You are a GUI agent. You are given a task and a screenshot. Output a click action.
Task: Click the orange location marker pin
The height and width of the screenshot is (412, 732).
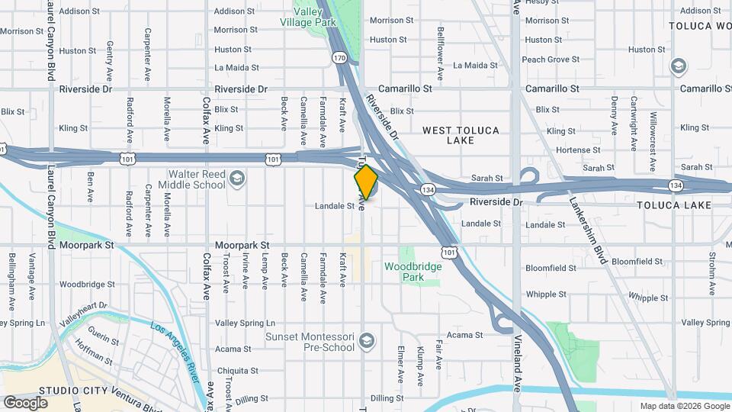point(366,182)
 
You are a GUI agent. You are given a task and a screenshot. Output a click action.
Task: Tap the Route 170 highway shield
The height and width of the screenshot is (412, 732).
point(339,57)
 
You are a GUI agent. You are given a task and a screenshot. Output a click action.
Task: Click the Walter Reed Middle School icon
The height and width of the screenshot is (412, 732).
point(237,178)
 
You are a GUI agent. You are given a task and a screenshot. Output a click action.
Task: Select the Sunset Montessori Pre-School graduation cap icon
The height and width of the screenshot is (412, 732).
point(368,340)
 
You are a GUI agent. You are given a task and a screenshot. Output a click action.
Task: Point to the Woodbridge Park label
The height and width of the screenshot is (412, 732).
point(413,272)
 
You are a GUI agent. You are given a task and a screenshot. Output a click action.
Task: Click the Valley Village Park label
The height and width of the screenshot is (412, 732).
point(315,17)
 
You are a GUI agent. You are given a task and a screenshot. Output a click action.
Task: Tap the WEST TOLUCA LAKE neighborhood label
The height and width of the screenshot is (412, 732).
point(461,135)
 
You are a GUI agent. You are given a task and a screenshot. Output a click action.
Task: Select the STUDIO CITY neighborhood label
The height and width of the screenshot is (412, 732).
point(69,390)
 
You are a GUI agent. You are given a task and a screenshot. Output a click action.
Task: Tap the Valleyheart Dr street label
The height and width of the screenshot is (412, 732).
point(85,314)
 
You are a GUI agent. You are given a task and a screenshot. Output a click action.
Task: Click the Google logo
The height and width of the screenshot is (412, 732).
point(25,402)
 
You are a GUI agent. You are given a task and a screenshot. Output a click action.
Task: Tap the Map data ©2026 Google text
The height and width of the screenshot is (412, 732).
point(683,406)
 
